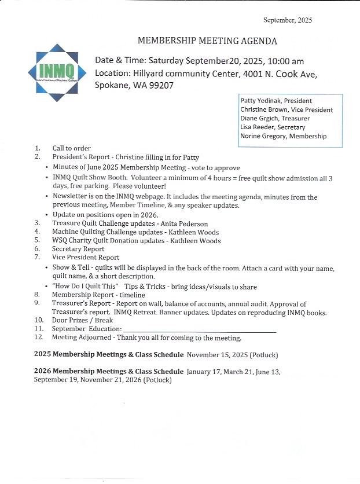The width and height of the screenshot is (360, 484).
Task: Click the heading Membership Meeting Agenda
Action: coord(207,41)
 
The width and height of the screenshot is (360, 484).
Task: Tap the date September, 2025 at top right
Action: coord(288,20)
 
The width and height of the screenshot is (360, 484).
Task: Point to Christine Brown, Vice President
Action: coord(286,109)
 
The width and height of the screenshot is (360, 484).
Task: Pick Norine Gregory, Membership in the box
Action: coord(283,136)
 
